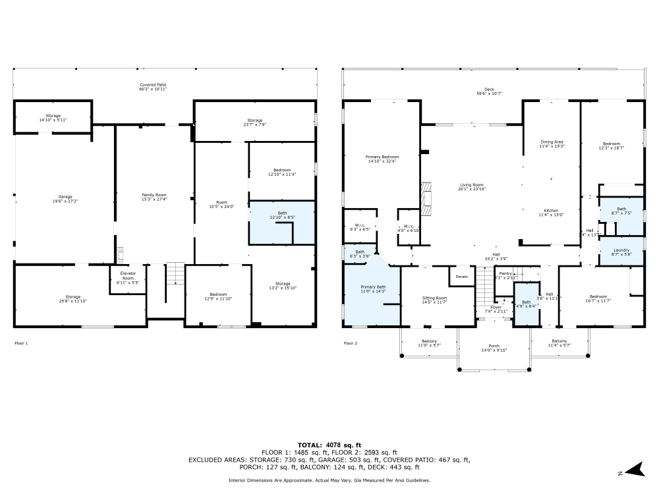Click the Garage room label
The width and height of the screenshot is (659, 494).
point(65,198)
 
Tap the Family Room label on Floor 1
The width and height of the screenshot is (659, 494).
point(154,197)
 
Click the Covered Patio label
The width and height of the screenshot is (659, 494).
point(152,87)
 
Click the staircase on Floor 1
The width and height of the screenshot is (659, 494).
point(175,273)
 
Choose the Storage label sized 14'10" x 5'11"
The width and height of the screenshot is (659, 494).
point(53,118)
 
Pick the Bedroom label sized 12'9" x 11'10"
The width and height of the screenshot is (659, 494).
point(218,296)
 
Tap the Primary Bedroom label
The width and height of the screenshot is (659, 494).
point(382,159)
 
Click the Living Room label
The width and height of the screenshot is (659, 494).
point(471,187)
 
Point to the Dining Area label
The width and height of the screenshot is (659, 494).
point(552,144)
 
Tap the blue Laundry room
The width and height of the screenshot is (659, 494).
point(621,251)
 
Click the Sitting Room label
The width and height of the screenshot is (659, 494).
point(434,300)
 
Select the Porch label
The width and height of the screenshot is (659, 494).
point(494,348)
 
